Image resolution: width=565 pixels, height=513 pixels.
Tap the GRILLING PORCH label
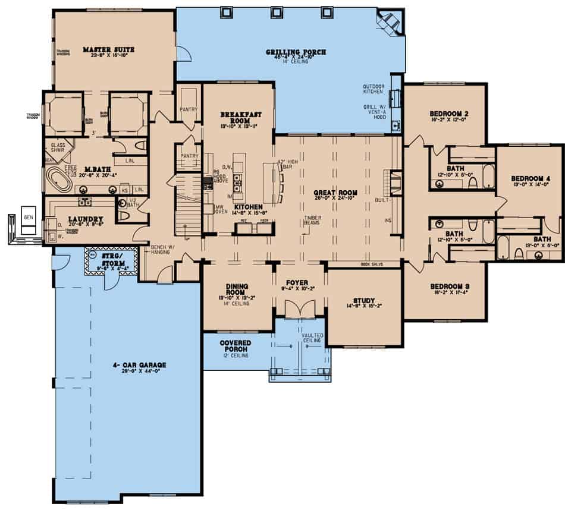[x=296, y=52]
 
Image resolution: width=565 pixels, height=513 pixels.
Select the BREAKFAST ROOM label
[x=237, y=117]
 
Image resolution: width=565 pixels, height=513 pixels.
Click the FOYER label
[x=296, y=284]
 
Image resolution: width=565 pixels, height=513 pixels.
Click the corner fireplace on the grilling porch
[x=390, y=23]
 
